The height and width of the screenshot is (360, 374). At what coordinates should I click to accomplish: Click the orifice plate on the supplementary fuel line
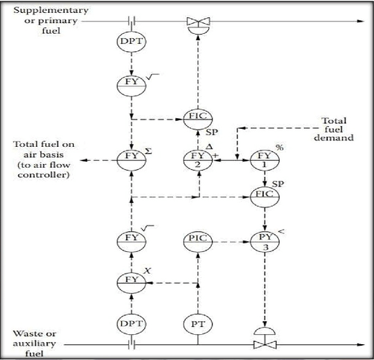(x=131, y=21)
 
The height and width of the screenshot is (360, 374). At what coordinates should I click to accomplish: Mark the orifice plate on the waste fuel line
(x=131, y=345)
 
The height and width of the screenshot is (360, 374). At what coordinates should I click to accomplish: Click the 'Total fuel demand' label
(x=334, y=129)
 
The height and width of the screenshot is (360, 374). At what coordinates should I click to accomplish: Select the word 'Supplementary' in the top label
(x=51, y=10)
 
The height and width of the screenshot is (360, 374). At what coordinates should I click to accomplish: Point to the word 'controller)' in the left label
(x=43, y=175)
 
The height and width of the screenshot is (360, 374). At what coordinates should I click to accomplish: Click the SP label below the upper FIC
(x=212, y=132)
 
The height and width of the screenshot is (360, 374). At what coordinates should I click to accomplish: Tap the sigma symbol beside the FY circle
(x=148, y=151)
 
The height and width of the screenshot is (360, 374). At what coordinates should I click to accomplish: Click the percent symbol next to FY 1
(x=280, y=148)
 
